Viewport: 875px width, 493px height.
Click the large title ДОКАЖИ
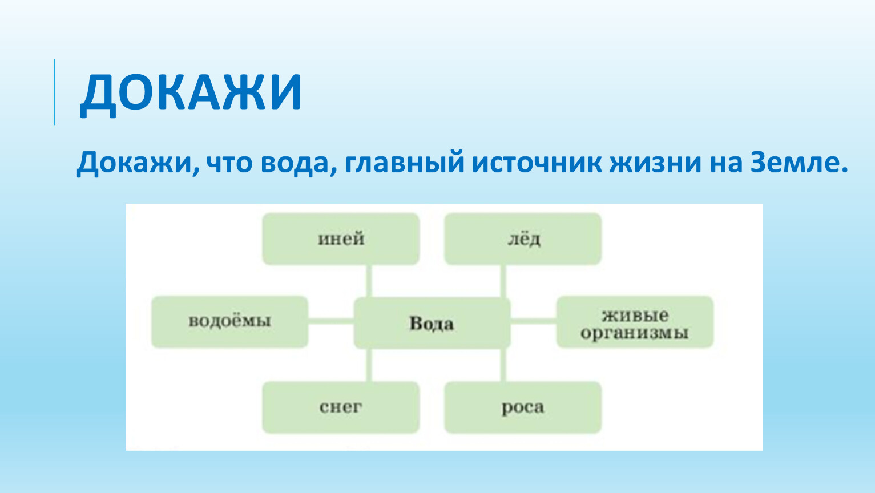[191, 93]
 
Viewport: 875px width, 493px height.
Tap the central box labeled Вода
[432, 323]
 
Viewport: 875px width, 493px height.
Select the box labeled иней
[341, 239]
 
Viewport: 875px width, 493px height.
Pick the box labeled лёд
[523, 239]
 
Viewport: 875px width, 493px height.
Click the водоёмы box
[229, 322]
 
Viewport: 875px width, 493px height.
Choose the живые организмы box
[635, 322]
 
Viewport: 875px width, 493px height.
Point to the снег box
[341, 407]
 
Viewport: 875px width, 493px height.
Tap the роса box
[523, 407]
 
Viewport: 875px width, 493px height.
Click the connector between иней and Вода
[369, 281]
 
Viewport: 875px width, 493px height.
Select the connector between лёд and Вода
[503, 281]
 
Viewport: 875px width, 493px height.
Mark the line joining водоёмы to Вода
[331, 321]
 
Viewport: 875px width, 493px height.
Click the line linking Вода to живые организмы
[534, 321]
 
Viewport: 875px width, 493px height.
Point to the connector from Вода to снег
[369, 365]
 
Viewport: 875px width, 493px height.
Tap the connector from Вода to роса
[503, 365]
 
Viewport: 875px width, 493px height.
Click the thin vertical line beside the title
[55, 92]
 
